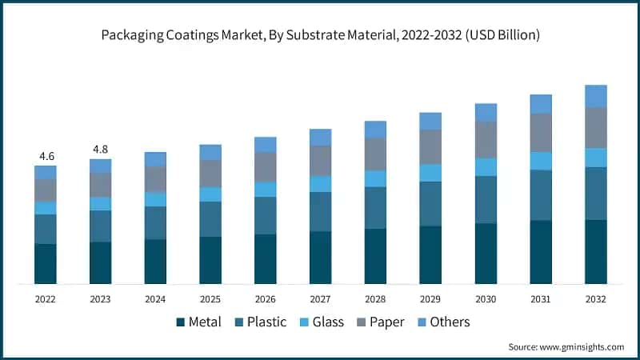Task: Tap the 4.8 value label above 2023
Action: (100, 149)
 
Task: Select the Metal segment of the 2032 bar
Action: (596, 251)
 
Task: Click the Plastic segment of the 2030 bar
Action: (486, 199)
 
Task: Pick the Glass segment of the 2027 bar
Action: (321, 184)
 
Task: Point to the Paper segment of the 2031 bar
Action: (541, 132)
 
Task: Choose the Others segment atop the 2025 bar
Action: (210, 152)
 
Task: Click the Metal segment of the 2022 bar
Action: (45, 263)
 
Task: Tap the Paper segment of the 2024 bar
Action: (155, 178)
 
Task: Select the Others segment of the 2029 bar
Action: (430, 121)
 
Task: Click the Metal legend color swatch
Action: (181, 322)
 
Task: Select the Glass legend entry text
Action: (328, 322)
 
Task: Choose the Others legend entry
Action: (449, 322)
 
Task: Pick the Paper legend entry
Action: (388, 322)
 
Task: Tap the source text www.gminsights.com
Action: (581, 346)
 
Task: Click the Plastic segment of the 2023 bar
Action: (100, 226)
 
